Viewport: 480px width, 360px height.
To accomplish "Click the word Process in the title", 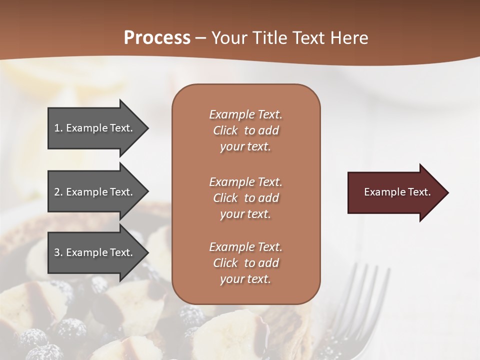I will click(157, 38).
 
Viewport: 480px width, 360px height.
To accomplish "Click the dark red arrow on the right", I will click(395, 192).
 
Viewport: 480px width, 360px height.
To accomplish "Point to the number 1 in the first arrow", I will click(57, 128).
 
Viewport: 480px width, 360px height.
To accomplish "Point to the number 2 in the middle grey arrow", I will click(57, 192).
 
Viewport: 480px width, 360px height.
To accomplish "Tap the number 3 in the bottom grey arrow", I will click(57, 252).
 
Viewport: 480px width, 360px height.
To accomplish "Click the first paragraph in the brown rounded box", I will click(245, 130).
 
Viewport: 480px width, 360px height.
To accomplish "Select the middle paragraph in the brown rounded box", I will click(245, 197).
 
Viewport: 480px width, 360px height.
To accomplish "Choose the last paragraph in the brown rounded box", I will click(245, 263).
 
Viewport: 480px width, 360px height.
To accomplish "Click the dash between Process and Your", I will click(200, 38).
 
